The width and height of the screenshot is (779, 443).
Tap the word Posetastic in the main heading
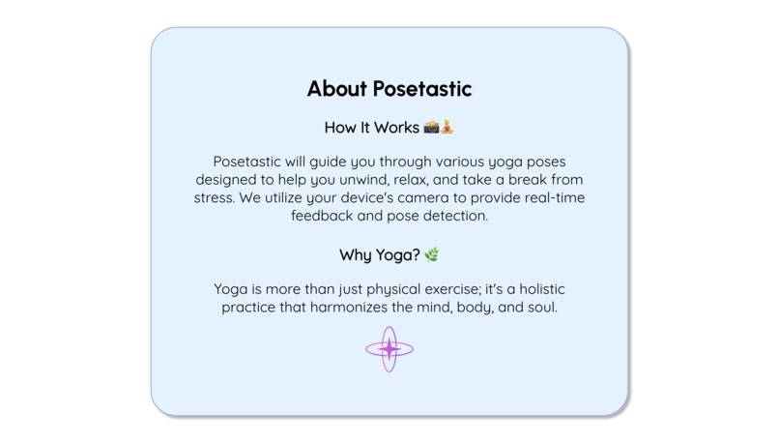point(421,89)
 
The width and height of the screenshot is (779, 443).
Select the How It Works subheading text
point(372,128)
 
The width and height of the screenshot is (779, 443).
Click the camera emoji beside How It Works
point(431,128)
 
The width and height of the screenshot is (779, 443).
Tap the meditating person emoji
point(447,128)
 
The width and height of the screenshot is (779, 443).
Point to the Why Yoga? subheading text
point(379,255)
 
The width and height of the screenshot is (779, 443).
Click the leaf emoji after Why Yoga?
point(432,255)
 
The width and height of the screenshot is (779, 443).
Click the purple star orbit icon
point(389,349)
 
